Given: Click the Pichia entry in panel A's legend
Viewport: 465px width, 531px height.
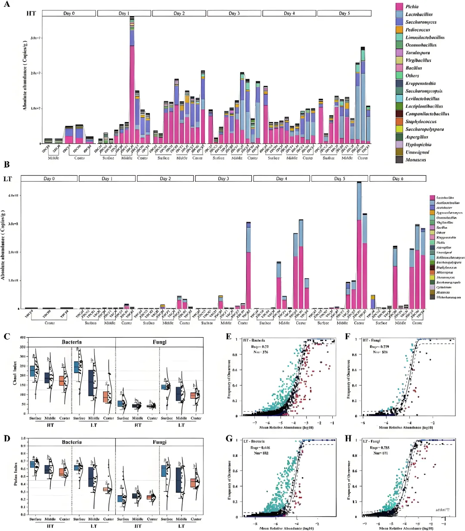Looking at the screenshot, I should click(x=412, y=6).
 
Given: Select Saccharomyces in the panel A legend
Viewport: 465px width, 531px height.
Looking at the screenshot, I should click(x=420, y=22).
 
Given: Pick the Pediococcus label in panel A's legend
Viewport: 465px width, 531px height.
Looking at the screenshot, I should click(x=417, y=30).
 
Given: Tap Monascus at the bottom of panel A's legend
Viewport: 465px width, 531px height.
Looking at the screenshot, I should click(x=415, y=160).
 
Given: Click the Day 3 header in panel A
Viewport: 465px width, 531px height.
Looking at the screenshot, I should click(x=234, y=13).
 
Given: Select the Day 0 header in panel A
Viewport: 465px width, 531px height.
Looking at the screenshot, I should click(x=69, y=13).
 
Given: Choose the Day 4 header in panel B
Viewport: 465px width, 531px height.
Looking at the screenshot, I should click(x=282, y=178).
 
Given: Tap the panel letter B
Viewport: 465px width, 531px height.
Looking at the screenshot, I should click(x=6, y=165).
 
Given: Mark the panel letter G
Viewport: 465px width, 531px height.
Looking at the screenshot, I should click(x=229, y=439).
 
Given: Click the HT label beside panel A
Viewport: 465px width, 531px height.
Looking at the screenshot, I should click(x=31, y=13).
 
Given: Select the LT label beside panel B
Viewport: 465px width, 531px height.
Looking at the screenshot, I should click(x=7, y=179).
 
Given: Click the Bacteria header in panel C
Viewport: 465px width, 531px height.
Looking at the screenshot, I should click(x=71, y=342).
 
